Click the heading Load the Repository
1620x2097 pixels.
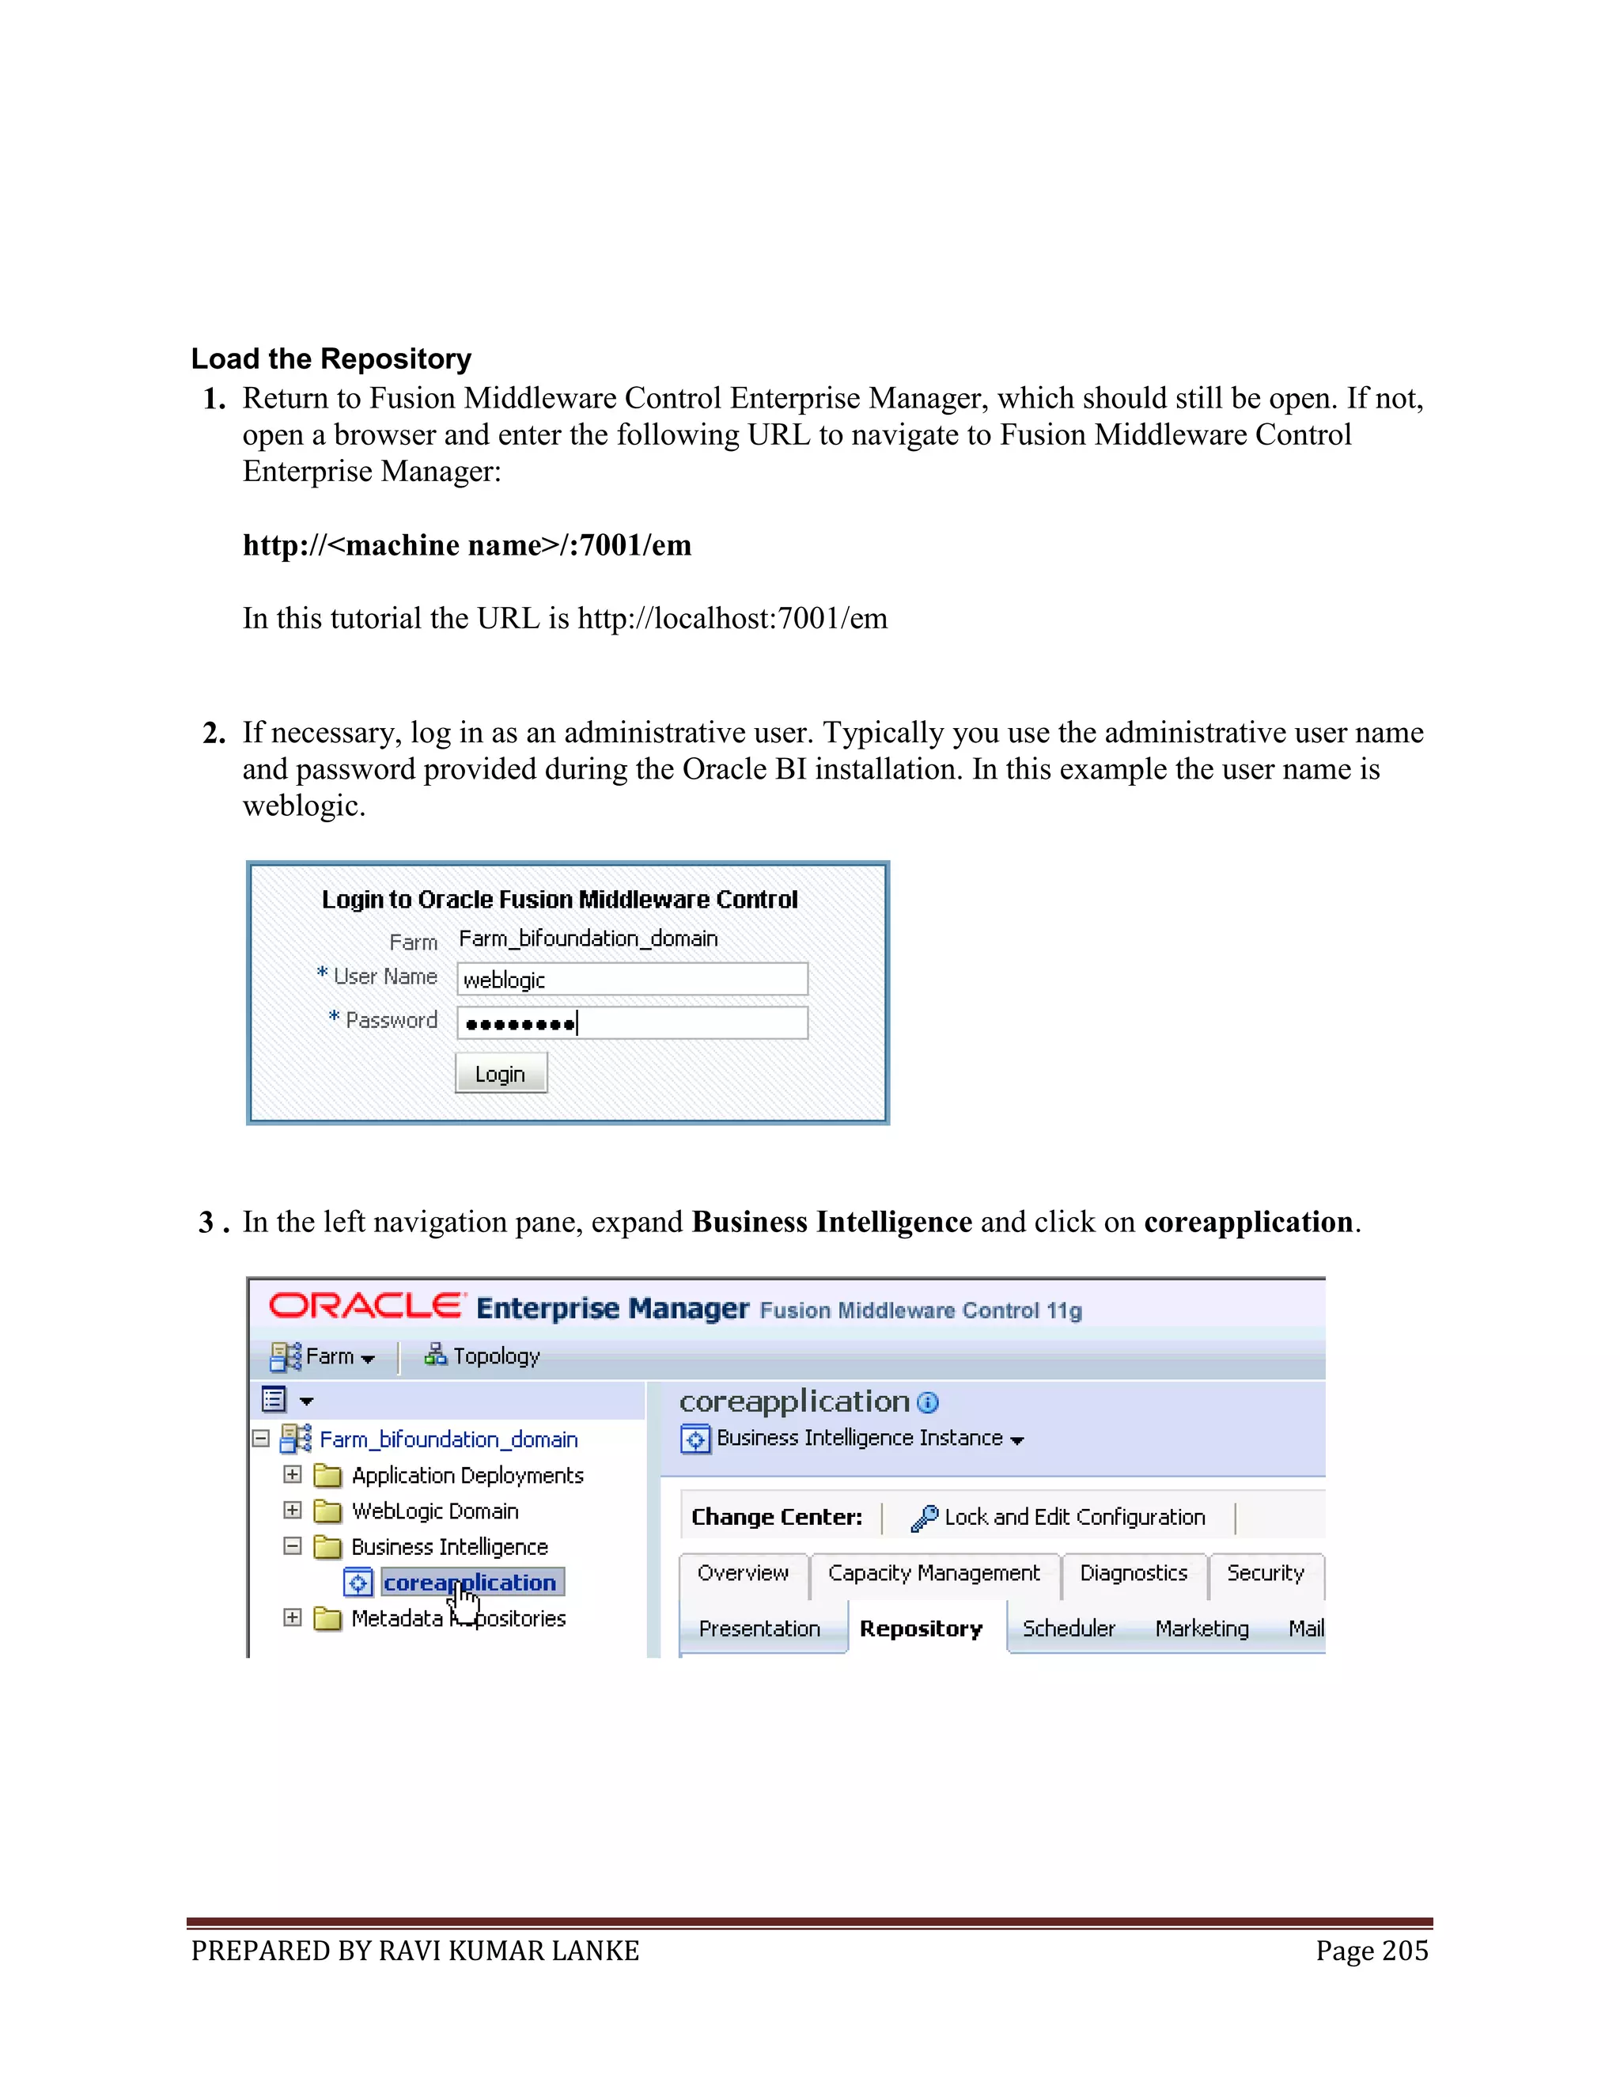click(331, 358)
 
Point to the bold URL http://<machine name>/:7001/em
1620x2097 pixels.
click(467, 544)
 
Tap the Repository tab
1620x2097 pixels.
click(921, 1629)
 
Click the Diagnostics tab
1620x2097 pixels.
click(1133, 1573)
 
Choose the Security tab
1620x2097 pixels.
click(1264, 1573)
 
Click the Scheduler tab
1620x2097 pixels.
click(1068, 1629)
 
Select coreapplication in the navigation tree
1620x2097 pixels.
click(469, 1583)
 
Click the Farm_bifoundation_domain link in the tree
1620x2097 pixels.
click(449, 1439)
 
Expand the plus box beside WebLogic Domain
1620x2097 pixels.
click(293, 1511)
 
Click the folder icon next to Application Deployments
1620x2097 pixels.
click(327, 1475)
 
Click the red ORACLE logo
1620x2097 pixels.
click(365, 1306)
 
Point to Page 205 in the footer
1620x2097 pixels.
click(1372, 1951)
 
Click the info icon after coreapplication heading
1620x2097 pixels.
click(927, 1403)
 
